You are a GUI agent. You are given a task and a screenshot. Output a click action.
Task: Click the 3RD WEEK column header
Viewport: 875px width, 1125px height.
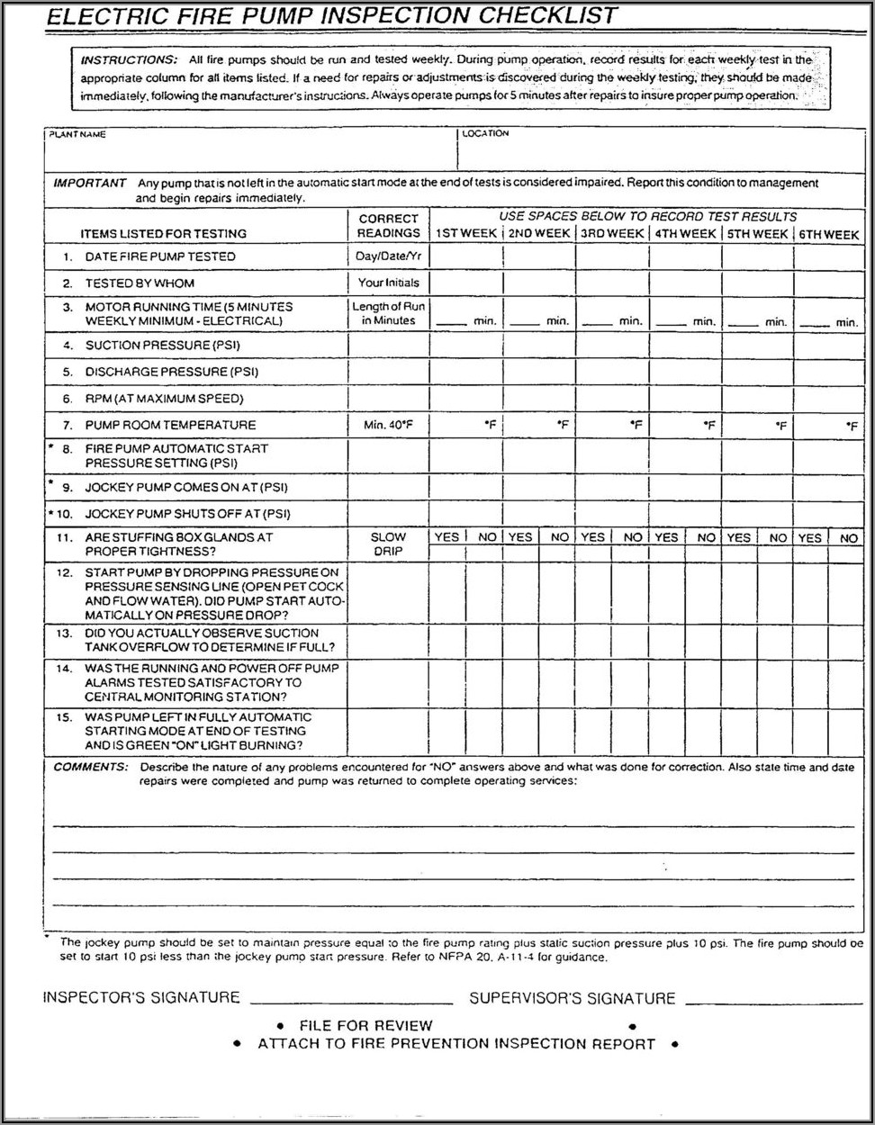(x=612, y=233)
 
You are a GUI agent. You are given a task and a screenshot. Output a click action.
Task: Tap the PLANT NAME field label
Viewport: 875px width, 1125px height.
(x=77, y=134)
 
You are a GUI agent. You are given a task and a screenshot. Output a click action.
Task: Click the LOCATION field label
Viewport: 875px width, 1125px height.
(x=486, y=133)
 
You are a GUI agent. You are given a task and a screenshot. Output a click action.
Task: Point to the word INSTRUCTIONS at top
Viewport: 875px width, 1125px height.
(x=129, y=60)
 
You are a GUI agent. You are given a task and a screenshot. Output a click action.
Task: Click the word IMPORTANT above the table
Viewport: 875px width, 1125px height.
(x=90, y=183)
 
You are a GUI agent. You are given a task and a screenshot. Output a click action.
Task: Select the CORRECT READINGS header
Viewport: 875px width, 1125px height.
(x=388, y=225)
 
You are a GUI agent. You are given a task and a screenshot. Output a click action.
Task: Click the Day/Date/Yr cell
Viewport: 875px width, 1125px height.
(x=388, y=256)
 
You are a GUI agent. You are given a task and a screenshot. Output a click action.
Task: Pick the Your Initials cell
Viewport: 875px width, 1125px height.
(x=388, y=283)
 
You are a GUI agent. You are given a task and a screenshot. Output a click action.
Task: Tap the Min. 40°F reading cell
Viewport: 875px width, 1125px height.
(x=388, y=425)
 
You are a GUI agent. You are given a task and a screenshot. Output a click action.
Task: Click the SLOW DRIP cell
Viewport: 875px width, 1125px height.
(x=388, y=544)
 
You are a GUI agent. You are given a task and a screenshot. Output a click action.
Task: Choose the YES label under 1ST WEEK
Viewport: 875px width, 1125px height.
(x=447, y=537)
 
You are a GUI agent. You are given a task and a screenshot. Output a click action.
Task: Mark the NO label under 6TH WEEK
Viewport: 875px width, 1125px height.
(x=849, y=537)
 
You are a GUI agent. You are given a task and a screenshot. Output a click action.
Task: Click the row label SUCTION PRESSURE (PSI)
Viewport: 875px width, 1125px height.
(x=162, y=345)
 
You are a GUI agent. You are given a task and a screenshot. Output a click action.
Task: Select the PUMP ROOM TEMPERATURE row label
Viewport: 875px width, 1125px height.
(x=170, y=425)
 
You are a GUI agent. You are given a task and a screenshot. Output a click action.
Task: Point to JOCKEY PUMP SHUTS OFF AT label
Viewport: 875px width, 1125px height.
(x=187, y=514)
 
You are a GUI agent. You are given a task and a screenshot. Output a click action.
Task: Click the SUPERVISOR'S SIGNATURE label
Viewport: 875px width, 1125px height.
(x=572, y=998)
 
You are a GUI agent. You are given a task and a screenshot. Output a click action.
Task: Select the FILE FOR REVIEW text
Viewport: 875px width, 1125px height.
(x=365, y=1025)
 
